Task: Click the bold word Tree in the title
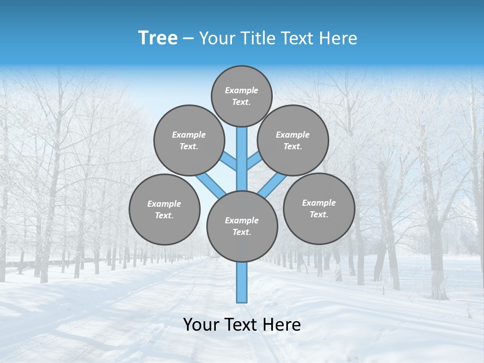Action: click(x=157, y=38)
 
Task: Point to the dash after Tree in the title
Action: click(x=188, y=39)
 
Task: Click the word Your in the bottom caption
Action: click(x=201, y=325)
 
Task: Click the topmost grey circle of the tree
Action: click(x=241, y=96)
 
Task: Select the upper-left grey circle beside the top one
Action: click(x=189, y=140)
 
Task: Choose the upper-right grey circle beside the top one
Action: click(x=293, y=140)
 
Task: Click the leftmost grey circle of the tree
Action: click(x=164, y=209)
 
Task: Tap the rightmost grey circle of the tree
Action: click(x=319, y=208)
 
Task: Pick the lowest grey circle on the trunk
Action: click(x=242, y=226)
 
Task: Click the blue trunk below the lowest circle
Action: click(x=242, y=282)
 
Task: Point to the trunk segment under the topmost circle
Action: click(x=242, y=151)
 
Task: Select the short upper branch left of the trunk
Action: click(x=230, y=162)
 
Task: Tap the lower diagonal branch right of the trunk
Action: click(x=273, y=185)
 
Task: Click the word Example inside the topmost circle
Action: click(x=241, y=90)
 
